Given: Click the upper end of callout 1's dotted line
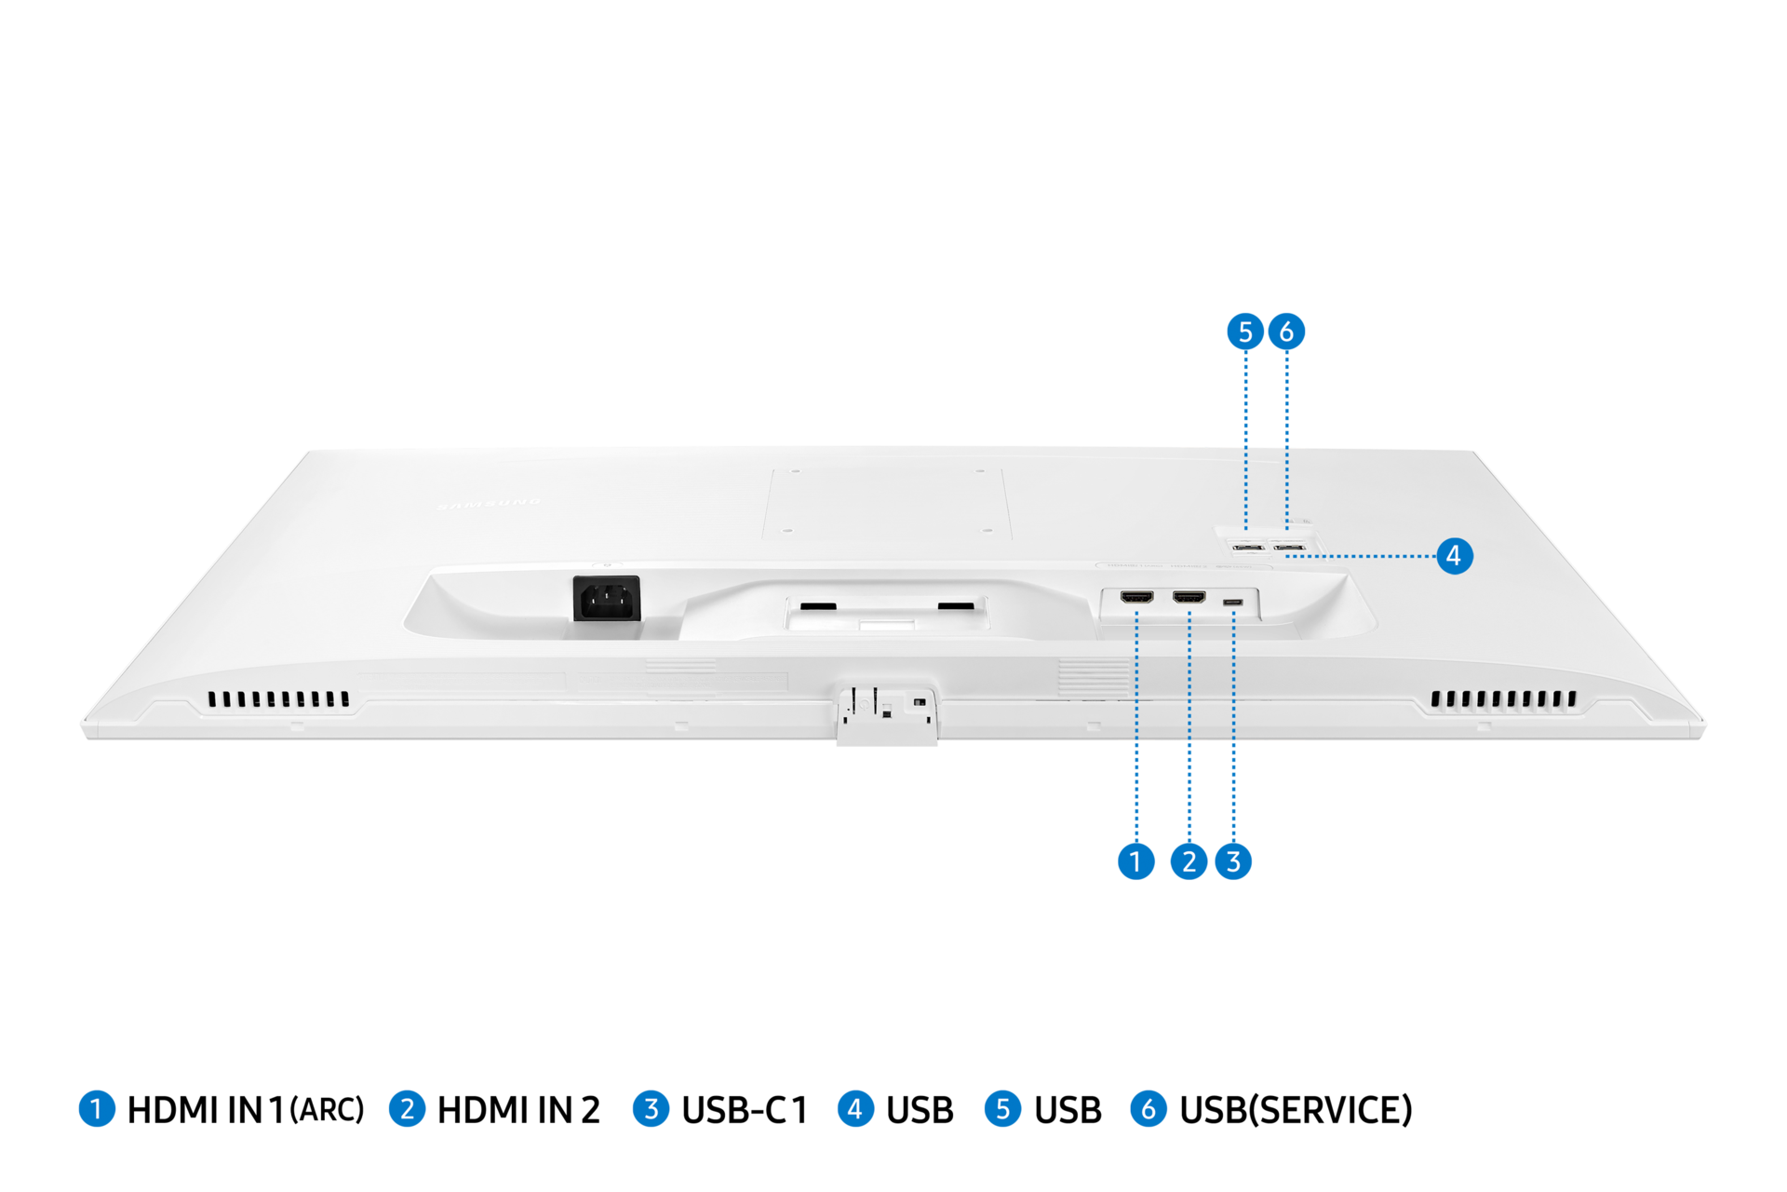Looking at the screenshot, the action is point(1136,612).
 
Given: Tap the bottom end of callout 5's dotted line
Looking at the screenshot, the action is point(1246,527).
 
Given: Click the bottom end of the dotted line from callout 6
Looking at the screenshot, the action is point(1287,527).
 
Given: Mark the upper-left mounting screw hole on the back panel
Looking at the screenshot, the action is point(798,472).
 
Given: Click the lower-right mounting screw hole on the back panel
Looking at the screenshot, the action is point(988,531).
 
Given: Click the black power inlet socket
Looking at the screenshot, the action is point(607,598).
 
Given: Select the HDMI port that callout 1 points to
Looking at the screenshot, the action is point(1136,597).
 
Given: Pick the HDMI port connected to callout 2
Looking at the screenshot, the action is point(1189,597).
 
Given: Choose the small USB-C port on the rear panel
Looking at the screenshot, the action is point(1233,603).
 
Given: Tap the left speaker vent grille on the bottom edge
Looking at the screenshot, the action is point(278,698).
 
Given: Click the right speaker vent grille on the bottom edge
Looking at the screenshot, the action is point(1503,698).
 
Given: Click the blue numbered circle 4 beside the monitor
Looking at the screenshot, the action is point(1455,556).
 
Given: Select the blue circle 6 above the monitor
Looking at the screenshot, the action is point(1287,332).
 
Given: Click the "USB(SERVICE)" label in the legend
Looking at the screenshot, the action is point(1296,1110).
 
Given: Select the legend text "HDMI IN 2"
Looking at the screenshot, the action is point(518,1110).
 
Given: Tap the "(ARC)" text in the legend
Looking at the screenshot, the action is point(327,1110).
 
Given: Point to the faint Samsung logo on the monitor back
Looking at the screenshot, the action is point(489,504).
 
